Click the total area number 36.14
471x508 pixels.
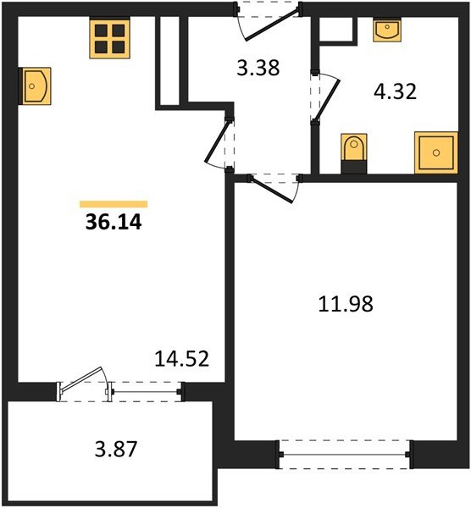tap(113, 224)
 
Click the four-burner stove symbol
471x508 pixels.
tap(109, 38)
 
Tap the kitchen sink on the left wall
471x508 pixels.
tap(34, 86)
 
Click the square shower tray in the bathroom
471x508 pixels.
tap(435, 152)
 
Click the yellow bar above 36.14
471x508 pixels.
tap(114, 204)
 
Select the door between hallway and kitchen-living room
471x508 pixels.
tap(219, 141)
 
